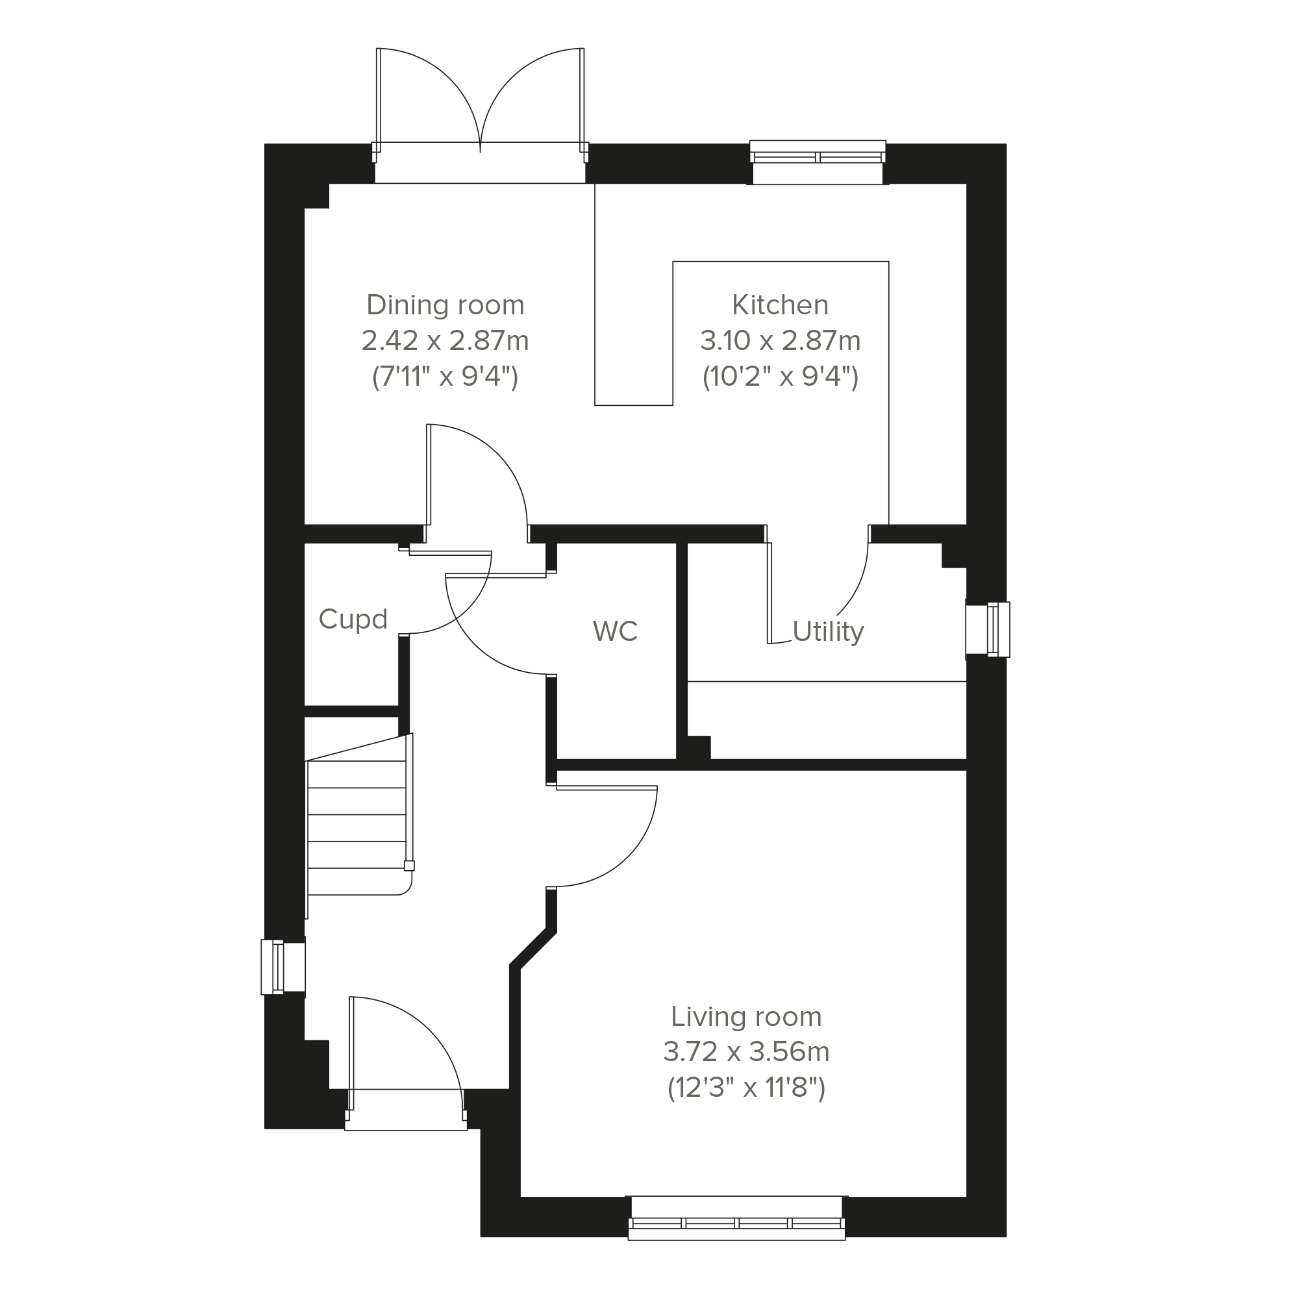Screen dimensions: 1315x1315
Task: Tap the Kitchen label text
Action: point(780,305)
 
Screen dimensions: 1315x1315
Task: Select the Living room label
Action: point(746,1017)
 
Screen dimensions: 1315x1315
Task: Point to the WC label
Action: point(616,632)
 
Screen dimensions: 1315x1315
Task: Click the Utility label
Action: point(829,632)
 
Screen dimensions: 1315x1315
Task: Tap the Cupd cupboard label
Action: point(353,620)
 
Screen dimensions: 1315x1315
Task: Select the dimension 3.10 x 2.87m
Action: point(780,340)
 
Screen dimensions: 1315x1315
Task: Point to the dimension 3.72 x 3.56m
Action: point(746,1052)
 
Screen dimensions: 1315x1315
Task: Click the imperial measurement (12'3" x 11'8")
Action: point(746,1088)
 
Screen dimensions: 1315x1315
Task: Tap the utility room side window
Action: point(988,630)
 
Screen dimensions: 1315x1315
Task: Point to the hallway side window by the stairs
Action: point(283,966)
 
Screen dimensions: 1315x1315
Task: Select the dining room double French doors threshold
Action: point(480,163)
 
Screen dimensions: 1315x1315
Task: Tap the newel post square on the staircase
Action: point(409,866)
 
